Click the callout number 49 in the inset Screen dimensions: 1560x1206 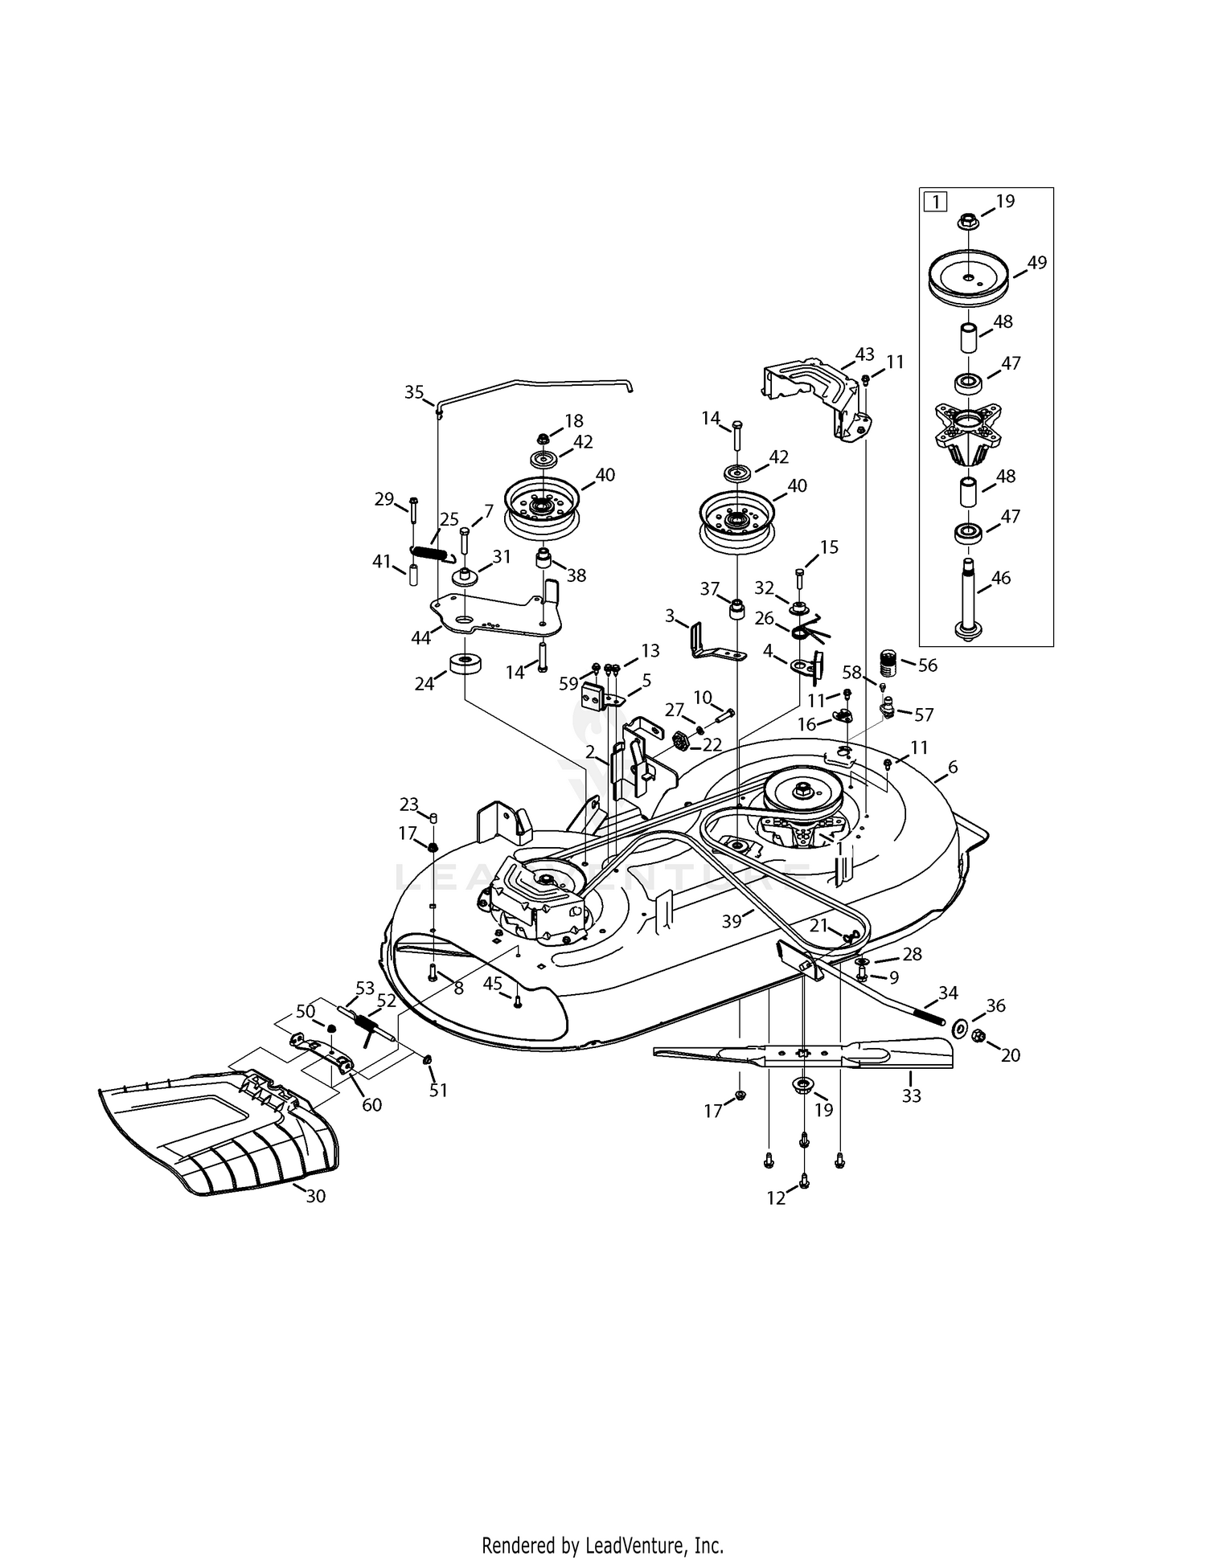click(x=1036, y=263)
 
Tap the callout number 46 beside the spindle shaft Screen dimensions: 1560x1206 click(x=1001, y=577)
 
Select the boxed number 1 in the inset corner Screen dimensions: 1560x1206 click(x=935, y=201)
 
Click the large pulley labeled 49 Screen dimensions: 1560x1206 click(x=969, y=279)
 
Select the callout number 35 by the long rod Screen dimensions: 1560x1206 click(x=414, y=392)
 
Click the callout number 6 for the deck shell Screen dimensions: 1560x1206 click(x=953, y=767)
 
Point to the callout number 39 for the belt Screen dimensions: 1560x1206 click(x=731, y=921)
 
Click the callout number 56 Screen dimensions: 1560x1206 click(x=927, y=665)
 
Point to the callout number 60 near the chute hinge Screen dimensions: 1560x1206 click(x=371, y=1105)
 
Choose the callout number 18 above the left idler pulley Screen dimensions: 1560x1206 click(x=574, y=420)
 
